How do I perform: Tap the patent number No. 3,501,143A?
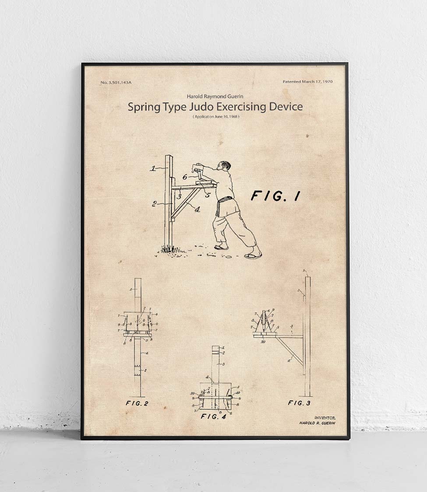pyautogui.click(x=116, y=82)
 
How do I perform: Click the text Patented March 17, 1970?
pyautogui.click(x=307, y=82)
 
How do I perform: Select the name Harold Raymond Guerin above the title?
pyautogui.click(x=215, y=96)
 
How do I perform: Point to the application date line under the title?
pyautogui.click(x=216, y=117)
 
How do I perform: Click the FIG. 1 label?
pyautogui.click(x=275, y=196)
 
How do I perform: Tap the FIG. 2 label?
pyautogui.click(x=137, y=403)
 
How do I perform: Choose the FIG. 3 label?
pyautogui.click(x=299, y=403)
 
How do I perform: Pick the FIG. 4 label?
pyautogui.click(x=213, y=416)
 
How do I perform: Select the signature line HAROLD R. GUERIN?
pyautogui.click(x=317, y=423)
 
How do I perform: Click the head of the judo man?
pyautogui.click(x=224, y=167)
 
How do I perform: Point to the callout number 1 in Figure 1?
pyautogui.click(x=153, y=168)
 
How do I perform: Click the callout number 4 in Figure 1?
pyautogui.click(x=197, y=209)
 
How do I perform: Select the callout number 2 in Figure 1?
pyautogui.click(x=155, y=203)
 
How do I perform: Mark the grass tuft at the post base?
pyautogui.click(x=169, y=249)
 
